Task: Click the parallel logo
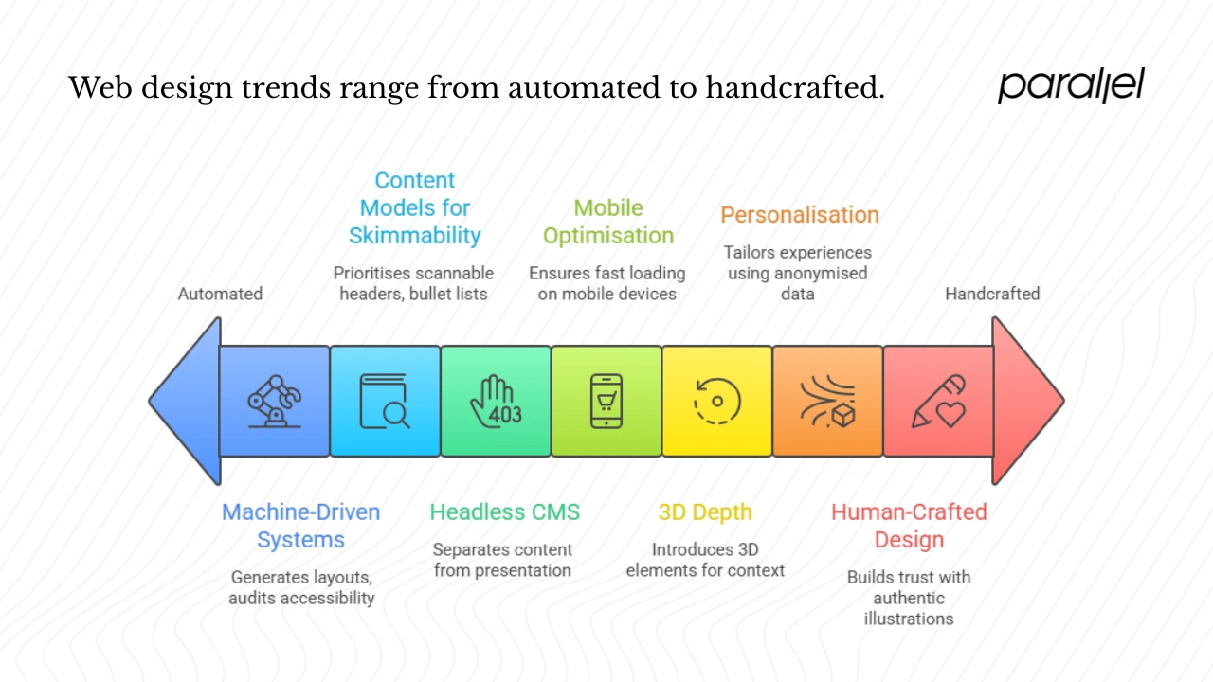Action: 1071,85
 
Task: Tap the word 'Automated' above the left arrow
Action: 220,294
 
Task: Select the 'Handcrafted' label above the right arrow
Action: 992,294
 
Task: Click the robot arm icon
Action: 274,401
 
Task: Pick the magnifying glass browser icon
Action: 385,402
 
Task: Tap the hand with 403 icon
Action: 496,402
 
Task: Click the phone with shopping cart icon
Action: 606,402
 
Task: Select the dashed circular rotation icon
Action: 716,402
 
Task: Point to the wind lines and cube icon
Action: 827,402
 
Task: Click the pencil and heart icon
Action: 938,402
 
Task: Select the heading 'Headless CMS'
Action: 504,512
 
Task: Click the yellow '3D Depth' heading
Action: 705,512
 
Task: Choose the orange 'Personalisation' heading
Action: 800,215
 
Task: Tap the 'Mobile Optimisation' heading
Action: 608,222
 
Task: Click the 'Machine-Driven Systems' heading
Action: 300,526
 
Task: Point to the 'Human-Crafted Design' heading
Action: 909,526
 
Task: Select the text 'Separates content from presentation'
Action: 502,560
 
